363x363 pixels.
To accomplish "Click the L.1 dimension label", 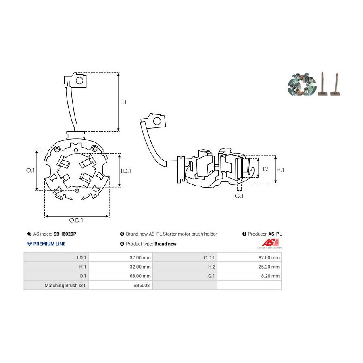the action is coord(123,102).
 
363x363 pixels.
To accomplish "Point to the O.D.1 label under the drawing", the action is coord(76,220).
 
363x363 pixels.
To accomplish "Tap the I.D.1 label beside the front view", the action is coord(126,171).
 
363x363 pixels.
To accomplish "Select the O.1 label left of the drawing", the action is coord(30,170).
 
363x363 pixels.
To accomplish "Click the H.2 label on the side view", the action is coord(264,169).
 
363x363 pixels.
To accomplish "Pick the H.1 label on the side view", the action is coord(280,170).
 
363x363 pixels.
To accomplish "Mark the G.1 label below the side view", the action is coord(239,196).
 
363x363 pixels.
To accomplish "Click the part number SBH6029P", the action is coord(65,234).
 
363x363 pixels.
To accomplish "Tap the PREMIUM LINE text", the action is coord(49,244).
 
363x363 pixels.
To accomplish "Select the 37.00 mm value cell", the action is coord(121,257).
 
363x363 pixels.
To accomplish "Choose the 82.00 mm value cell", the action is coord(249,257).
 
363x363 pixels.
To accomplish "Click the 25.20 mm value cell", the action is coord(249,267).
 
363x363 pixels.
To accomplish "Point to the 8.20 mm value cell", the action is coord(249,276).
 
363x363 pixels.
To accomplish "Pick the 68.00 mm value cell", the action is coord(121,276).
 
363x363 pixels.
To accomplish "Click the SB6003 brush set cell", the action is coord(121,285).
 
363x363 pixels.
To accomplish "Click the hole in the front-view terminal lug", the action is coord(79,81).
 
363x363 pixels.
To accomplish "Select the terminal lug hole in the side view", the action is coord(157,121).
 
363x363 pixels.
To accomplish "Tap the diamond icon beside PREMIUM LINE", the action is coord(29,244).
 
